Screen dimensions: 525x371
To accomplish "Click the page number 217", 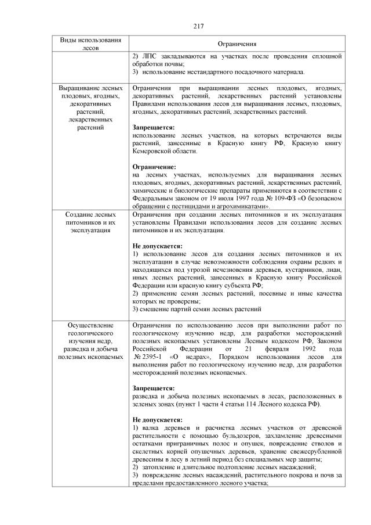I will [x=197, y=26].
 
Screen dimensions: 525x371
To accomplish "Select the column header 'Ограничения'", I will [x=237, y=44].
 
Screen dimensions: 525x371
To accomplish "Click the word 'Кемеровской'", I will [x=153, y=151].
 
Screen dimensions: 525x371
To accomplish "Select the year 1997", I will [x=208, y=197].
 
